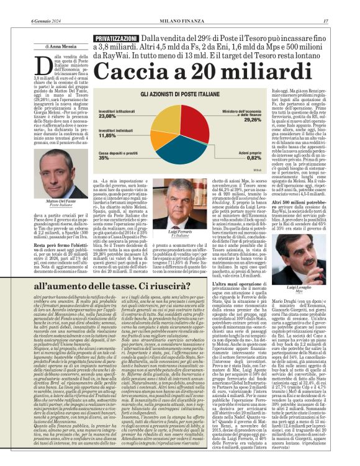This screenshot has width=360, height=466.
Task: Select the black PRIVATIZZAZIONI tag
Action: (x=116, y=39)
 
